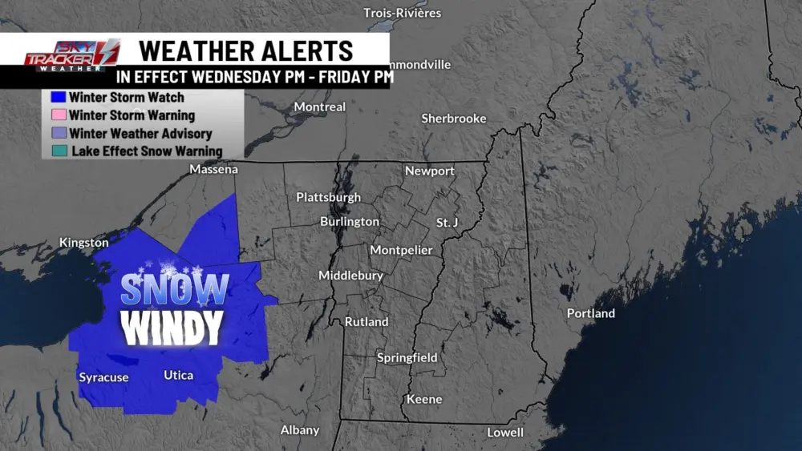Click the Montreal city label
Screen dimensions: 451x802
pos(320,107)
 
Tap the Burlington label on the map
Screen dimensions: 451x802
pos(350,221)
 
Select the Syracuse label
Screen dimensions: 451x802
pos(103,377)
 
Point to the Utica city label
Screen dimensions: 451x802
pos(178,375)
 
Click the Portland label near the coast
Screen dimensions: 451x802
pos(591,313)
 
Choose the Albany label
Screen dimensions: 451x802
pos(300,430)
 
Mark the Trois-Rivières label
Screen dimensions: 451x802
pos(403,13)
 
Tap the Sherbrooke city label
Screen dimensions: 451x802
pos(454,119)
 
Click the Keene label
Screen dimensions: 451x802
pos(424,399)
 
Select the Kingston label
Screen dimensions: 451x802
pos(84,242)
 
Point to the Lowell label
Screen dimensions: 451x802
pos(505,433)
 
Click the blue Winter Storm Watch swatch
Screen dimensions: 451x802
pos(57,98)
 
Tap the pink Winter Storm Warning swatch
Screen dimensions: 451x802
pos(57,115)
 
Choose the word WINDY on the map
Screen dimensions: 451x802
pos(171,327)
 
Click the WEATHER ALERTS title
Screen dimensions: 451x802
pos(245,50)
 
